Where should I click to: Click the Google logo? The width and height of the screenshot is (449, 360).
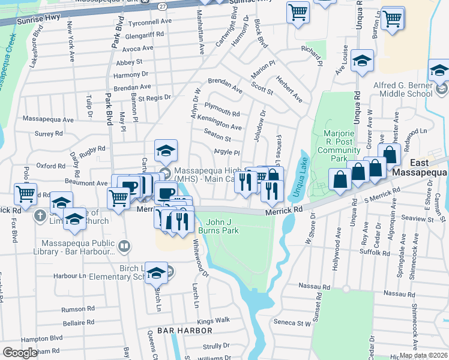20,353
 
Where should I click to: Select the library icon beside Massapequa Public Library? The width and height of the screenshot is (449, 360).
124,245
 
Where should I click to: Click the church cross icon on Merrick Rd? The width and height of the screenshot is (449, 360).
40,215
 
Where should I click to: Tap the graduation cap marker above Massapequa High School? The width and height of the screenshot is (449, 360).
166,150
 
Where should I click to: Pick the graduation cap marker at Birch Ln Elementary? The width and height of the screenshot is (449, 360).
156,272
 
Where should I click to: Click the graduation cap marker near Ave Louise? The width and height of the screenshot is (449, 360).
363,60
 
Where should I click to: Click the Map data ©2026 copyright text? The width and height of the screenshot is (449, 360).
423,355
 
